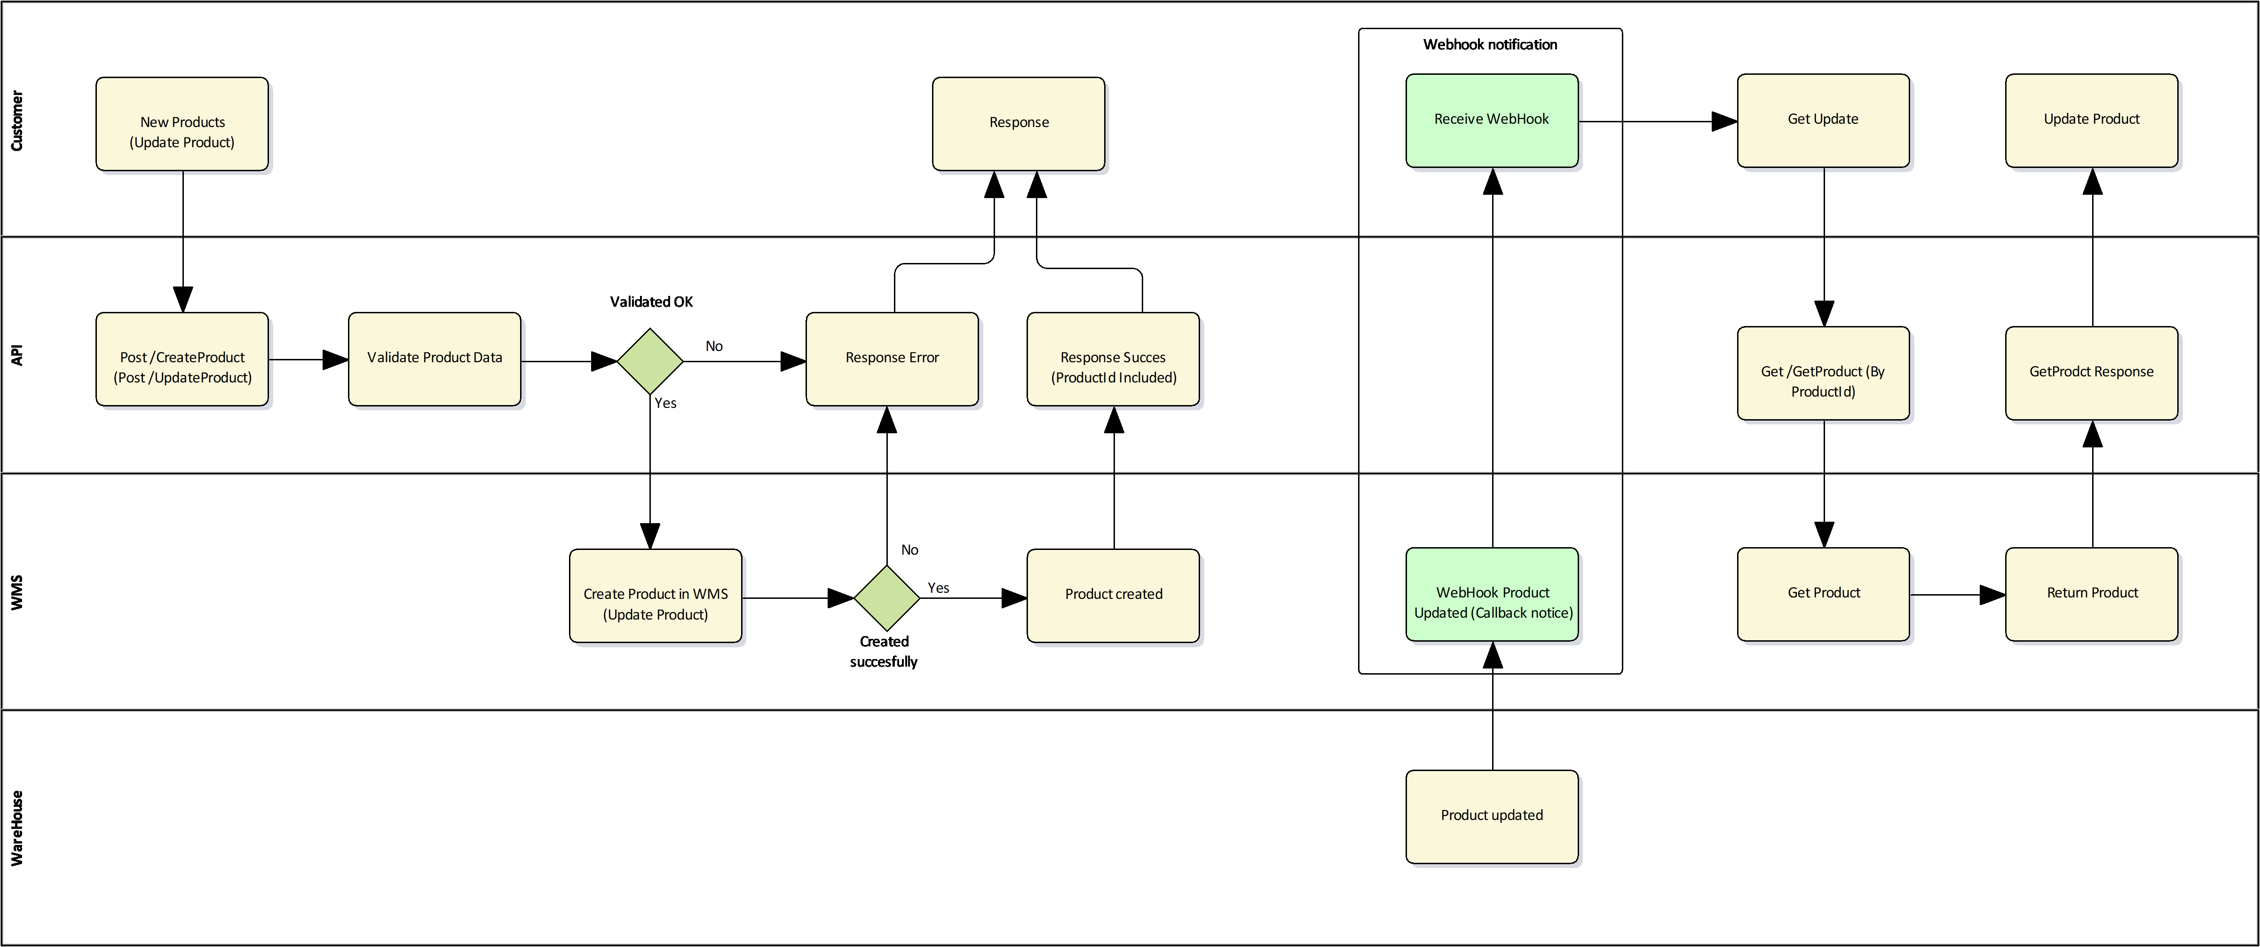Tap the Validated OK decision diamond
650,361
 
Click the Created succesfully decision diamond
886,597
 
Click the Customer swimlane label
16,120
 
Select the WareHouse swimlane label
16,828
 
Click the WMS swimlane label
16,592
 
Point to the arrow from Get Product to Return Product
1956,595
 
